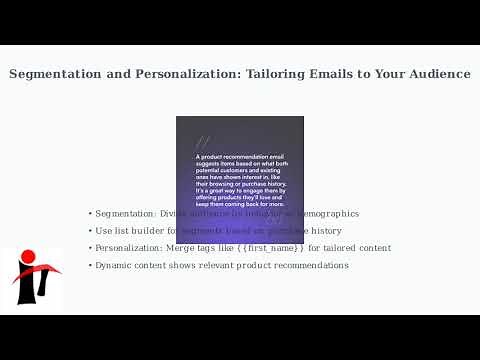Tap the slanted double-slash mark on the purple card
tap(203, 143)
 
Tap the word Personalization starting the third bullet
tap(130, 248)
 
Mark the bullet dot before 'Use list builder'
tap(90, 231)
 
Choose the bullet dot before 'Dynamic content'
tap(90, 265)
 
